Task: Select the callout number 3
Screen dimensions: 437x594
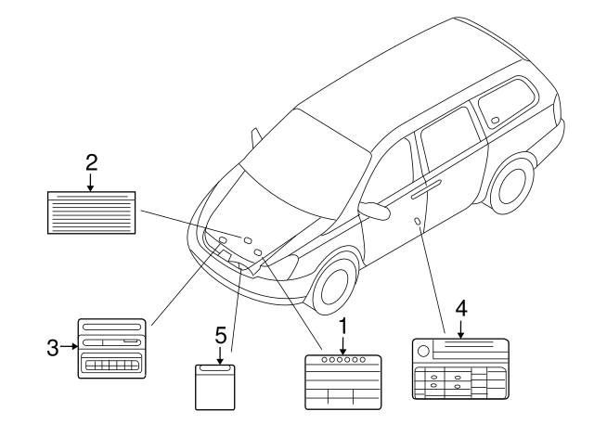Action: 53,348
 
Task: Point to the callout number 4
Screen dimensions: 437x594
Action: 461,309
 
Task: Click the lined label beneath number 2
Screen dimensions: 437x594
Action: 90,212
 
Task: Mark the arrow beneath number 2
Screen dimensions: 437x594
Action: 90,182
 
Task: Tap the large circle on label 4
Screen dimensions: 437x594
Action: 423,351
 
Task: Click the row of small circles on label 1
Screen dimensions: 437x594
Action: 342,358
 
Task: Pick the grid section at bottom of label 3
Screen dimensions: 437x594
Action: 111,366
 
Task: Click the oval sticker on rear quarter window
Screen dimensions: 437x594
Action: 495,120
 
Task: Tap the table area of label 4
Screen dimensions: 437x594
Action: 460,381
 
